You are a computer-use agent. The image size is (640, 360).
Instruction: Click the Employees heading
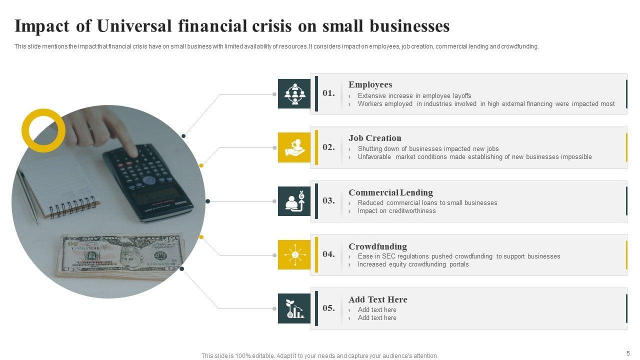point(370,84)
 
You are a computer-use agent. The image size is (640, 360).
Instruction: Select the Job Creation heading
point(374,138)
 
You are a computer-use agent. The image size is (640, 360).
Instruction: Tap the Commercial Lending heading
point(390,192)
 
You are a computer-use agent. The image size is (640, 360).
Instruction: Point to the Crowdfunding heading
point(377,246)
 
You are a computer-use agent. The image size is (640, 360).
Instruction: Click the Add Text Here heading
point(377,299)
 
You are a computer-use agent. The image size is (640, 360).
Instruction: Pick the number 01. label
point(328,93)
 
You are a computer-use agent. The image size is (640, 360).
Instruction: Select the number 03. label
point(328,200)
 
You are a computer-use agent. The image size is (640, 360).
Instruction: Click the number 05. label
point(328,308)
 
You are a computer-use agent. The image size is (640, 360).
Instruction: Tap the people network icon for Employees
point(294,93)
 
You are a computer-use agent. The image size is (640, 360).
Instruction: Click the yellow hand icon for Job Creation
point(294,147)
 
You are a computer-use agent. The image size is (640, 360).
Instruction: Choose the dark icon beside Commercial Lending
point(294,201)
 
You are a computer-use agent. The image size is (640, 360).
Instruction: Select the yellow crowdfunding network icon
point(294,255)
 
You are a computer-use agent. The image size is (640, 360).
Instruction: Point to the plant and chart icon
point(294,308)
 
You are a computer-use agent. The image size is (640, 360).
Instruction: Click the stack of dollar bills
point(120,255)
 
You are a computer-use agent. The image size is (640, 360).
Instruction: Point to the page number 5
point(628,353)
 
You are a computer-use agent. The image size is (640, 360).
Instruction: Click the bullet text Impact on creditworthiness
point(396,211)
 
